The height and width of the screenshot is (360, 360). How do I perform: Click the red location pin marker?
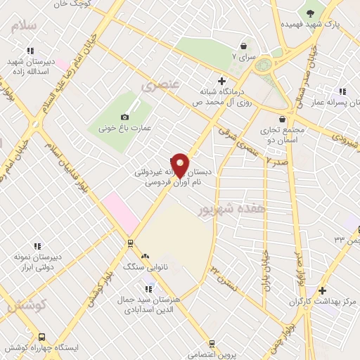point(180,165)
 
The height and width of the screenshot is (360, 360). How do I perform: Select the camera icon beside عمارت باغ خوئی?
point(125,117)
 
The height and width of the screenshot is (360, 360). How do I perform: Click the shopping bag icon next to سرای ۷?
point(243,44)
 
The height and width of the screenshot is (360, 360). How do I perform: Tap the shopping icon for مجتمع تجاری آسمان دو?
point(282,119)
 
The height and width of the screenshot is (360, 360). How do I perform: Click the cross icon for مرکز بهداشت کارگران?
point(322,290)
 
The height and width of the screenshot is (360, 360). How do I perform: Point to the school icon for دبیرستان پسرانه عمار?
point(342,91)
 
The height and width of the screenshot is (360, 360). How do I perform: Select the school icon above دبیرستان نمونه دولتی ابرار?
point(37,245)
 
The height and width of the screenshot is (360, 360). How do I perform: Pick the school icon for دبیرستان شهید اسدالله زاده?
point(30,51)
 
